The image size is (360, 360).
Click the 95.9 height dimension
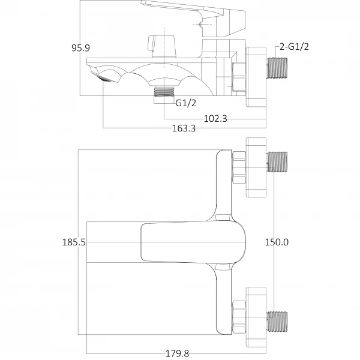pos(81,48)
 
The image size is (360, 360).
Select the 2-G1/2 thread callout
pos(295,48)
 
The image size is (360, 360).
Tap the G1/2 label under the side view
pos(186,103)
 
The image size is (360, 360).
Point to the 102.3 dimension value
pos(215,118)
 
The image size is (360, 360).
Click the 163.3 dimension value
pos(184,128)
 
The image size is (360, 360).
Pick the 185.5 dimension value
pos(74,242)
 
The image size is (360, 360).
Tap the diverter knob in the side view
pos(161,45)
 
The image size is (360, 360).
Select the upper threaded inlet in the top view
pos(278,161)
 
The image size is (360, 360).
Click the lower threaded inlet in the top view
pos(278,322)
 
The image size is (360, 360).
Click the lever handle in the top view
pos(192,242)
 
